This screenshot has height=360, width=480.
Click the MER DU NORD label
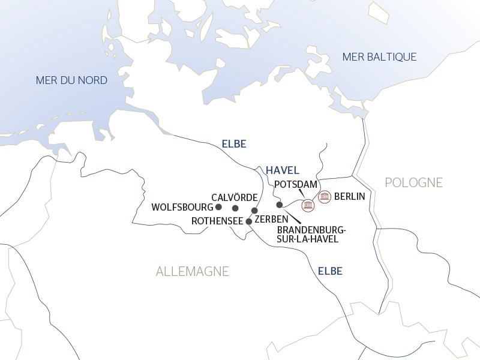71,80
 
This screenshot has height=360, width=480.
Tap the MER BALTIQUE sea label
379,57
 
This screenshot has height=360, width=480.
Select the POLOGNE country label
413,182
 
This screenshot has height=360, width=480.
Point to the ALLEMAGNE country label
193,271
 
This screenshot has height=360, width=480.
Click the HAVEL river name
282,170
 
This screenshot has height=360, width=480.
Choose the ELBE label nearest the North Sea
234,144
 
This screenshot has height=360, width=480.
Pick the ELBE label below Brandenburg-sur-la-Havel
330,271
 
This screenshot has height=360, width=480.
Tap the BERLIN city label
350,196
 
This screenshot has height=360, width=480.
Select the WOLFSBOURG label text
182,207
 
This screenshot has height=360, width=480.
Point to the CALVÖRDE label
235,197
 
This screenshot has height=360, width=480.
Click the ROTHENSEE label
217,221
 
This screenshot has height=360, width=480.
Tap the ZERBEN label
272,220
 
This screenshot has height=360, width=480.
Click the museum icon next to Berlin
325,196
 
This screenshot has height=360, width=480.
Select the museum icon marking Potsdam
308,205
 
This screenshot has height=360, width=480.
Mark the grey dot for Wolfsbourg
218,207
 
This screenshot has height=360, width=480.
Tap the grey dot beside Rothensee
248,221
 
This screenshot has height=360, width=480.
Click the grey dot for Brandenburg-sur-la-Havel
280,205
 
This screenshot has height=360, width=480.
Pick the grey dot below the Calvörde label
235,208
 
